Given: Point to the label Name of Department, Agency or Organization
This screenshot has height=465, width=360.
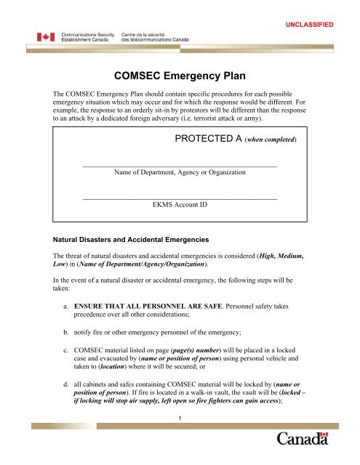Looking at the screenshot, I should (x=180, y=173).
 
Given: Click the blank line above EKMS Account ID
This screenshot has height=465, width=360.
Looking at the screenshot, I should (x=180, y=198).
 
